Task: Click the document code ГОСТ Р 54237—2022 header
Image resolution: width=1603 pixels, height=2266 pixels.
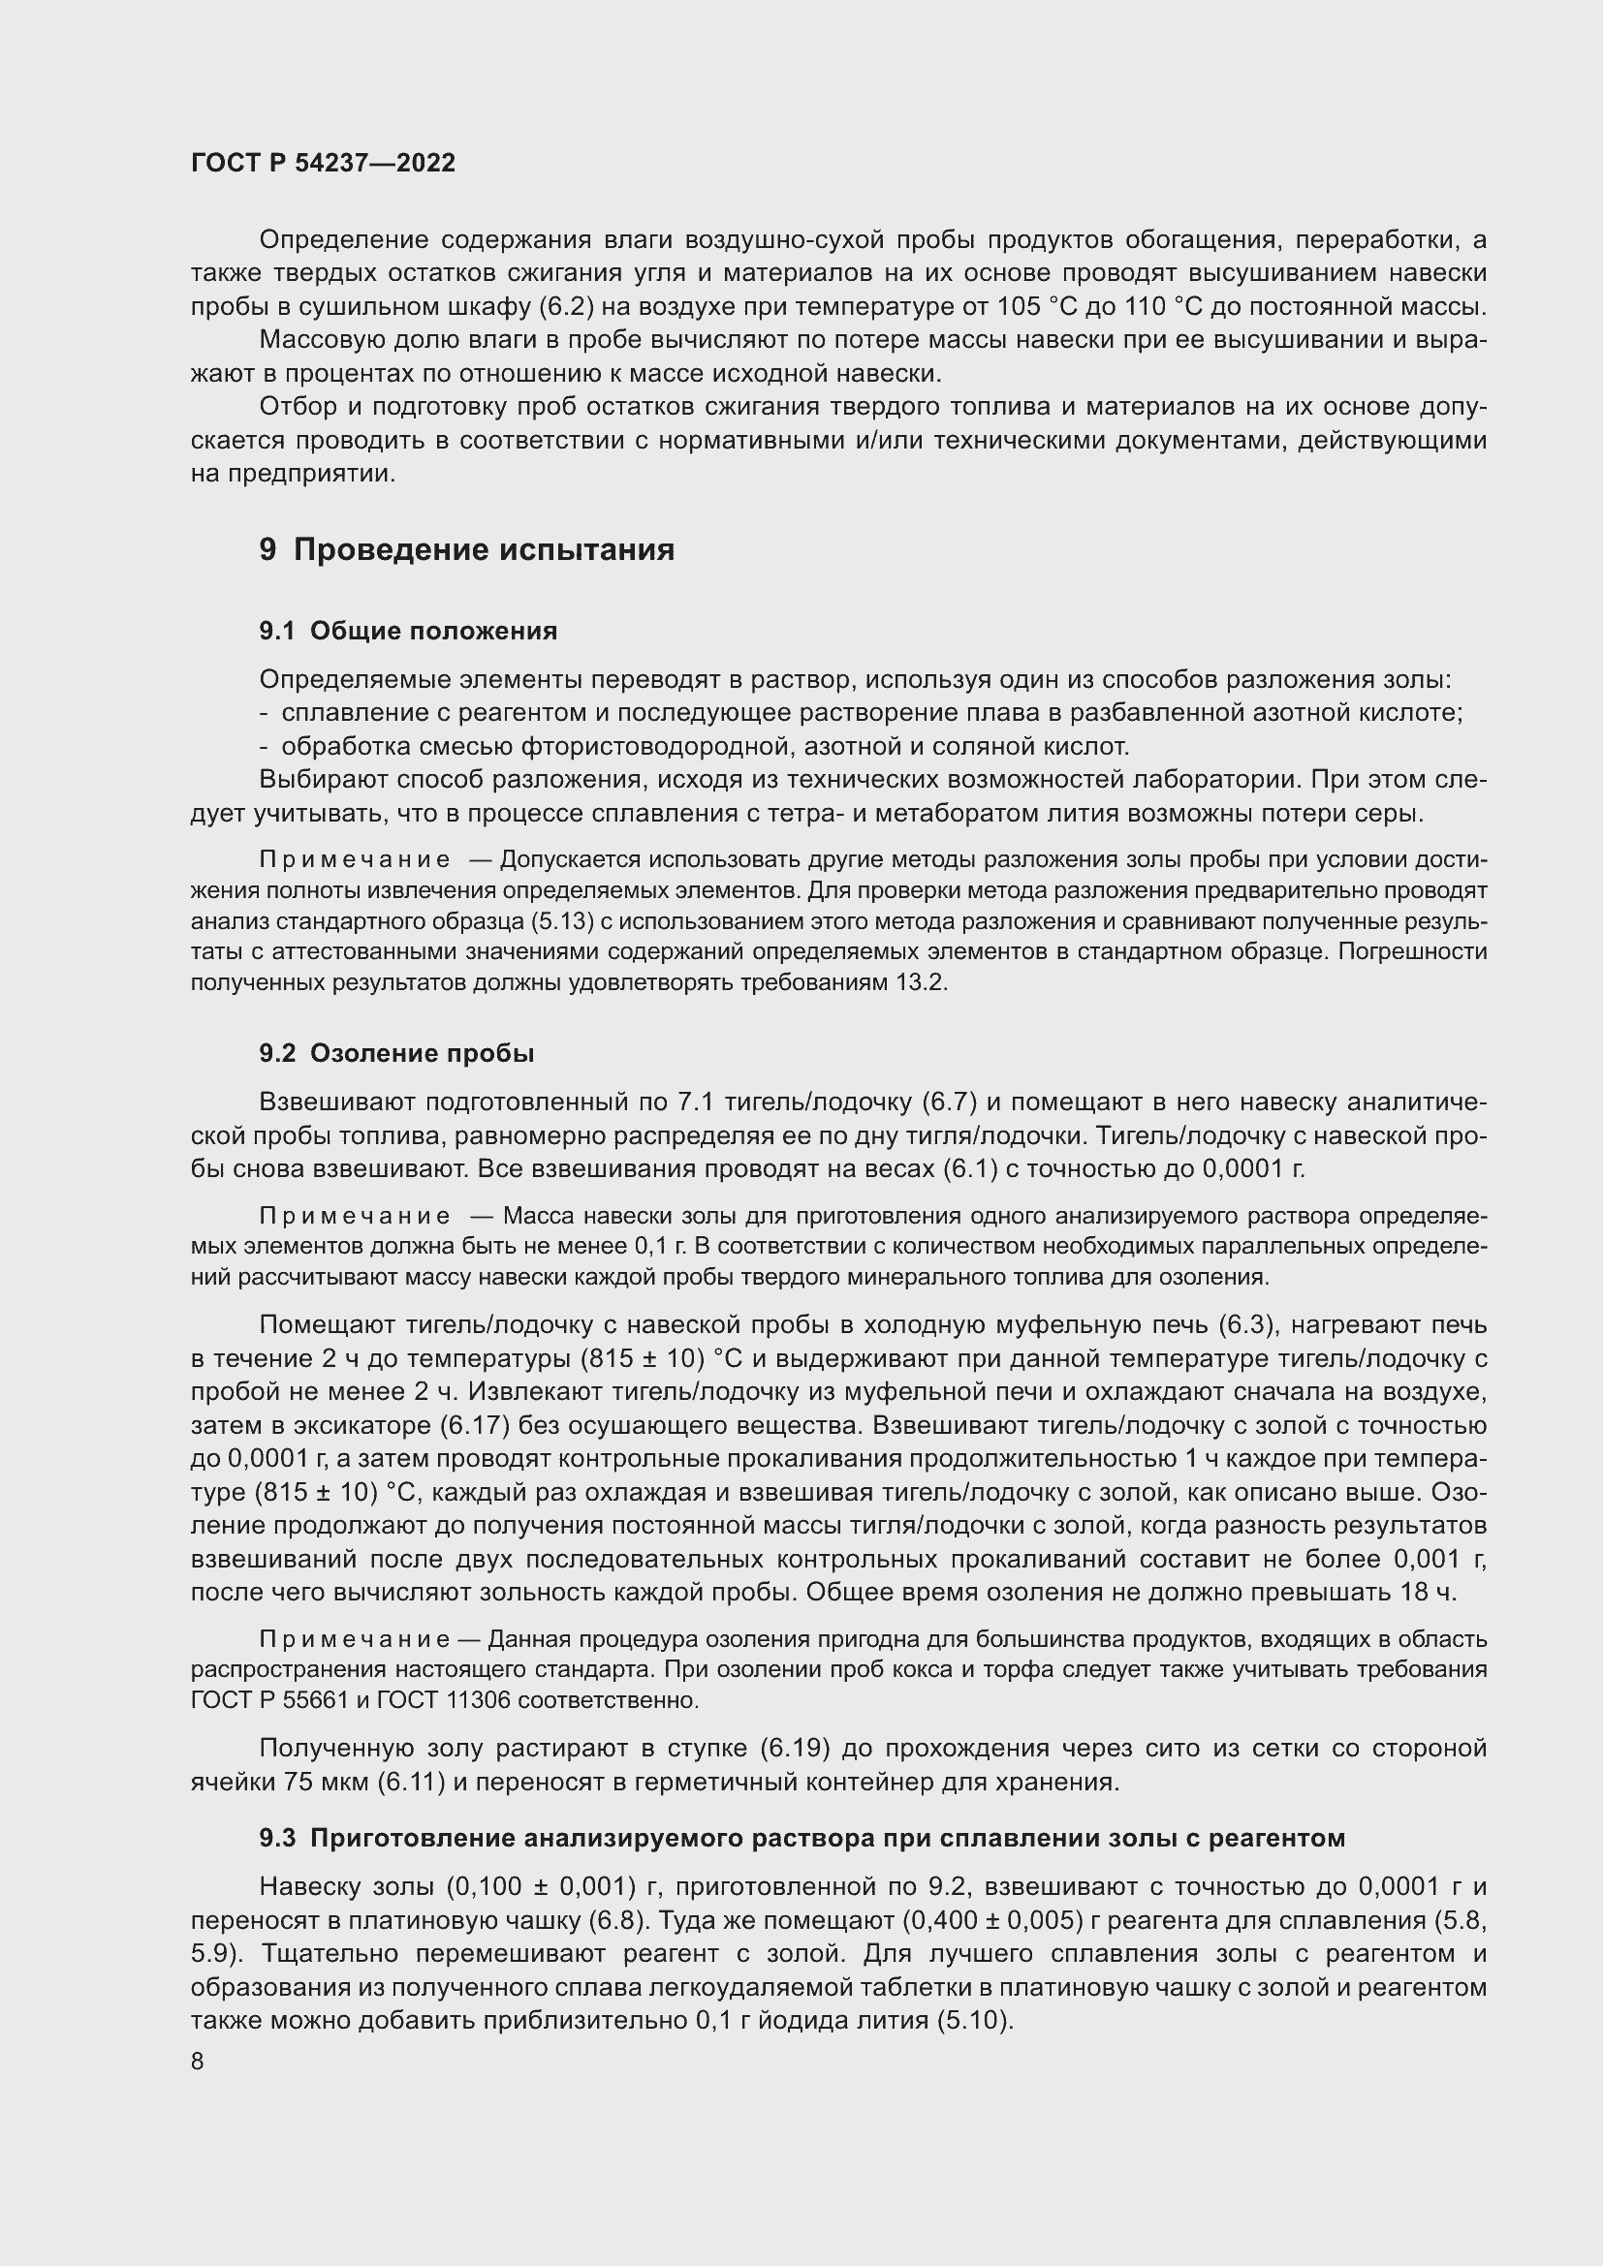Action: coord(323,163)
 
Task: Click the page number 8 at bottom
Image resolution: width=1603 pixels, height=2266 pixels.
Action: coord(198,2062)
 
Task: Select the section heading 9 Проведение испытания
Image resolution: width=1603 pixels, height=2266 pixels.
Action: coord(467,549)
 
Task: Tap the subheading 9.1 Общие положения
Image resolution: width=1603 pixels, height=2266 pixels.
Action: coord(408,631)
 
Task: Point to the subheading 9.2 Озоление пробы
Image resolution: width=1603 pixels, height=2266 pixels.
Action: coord(396,1053)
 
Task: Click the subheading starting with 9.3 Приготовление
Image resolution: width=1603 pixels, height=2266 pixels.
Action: coord(801,1838)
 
